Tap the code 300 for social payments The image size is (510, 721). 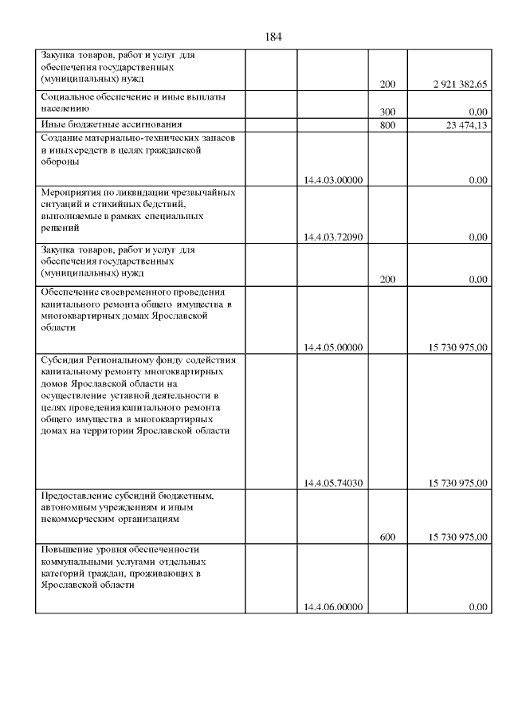click(388, 112)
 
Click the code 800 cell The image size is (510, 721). click(388, 124)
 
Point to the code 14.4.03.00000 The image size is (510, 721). click(333, 180)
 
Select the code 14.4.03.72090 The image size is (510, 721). click(333, 237)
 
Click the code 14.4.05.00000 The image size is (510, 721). click(333, 347)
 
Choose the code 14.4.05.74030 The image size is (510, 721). click(333, 483)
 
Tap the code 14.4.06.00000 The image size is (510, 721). click(333, 607)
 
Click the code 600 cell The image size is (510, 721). click(388, 538)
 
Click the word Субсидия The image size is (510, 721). click(63, 359)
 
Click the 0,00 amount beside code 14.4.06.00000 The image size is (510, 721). click(478, 607)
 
